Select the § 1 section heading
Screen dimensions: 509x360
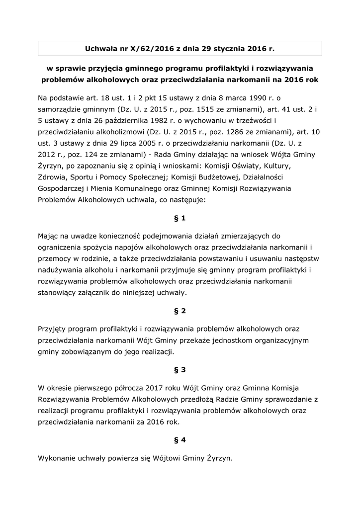[180, 218]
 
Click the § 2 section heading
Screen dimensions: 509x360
[180, 311]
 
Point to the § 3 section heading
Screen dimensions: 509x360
[180, 370]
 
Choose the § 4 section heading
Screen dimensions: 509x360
[180, 440]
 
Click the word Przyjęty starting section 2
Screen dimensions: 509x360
[53, 329]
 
